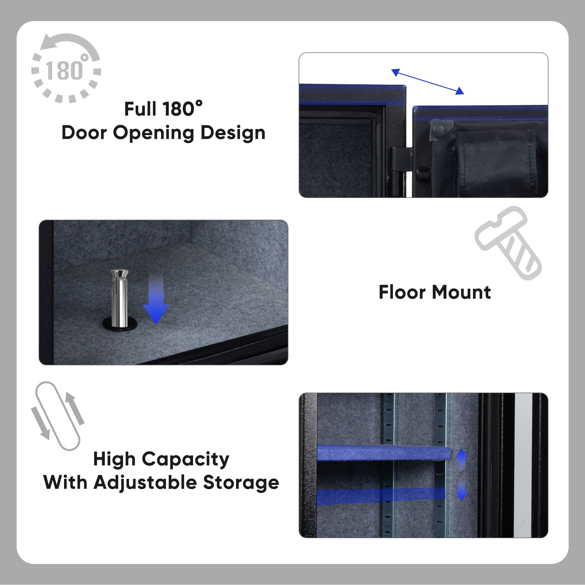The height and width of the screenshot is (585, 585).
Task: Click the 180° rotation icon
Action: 66,68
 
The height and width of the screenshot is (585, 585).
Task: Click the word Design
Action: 233,133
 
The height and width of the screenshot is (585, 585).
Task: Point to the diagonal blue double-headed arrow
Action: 428,82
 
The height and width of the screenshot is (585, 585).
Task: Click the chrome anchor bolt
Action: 119,298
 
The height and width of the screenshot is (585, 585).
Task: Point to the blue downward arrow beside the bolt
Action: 156,300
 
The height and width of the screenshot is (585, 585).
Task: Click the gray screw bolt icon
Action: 508,243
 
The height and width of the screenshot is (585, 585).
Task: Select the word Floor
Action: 402,292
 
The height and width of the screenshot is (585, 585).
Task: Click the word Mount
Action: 462,292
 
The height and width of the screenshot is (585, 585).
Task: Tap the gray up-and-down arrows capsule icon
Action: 58,416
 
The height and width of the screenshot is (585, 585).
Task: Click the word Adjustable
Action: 145,483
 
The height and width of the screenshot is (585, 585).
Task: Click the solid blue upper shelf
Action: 384,453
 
